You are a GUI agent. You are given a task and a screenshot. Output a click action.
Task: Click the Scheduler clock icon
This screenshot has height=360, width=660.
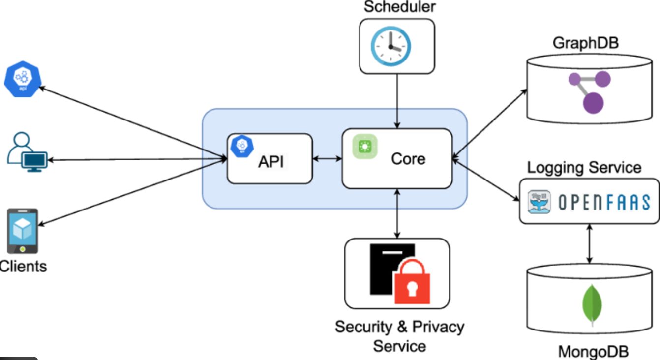391,46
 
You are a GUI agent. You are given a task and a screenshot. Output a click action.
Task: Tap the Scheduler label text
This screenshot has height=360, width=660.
399,7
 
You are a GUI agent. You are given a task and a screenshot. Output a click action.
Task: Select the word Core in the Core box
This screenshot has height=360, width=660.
408,159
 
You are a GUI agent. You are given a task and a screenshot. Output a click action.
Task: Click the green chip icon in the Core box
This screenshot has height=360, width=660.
365,146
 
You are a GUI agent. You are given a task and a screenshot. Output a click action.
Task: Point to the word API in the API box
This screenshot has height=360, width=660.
271,162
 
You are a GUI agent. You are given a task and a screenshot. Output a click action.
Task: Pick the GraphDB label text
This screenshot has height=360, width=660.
585,43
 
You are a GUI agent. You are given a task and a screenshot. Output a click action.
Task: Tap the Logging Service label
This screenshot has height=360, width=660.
584,167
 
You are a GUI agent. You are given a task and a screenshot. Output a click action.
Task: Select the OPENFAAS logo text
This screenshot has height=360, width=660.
604,202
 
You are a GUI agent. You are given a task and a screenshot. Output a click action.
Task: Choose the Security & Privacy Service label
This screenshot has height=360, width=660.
399,335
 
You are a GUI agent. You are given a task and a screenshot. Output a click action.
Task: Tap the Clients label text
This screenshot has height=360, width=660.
24,266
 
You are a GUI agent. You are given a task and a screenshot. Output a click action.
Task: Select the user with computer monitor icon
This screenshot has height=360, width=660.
27,152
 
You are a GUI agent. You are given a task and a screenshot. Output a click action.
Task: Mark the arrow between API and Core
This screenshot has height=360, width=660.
327,158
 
